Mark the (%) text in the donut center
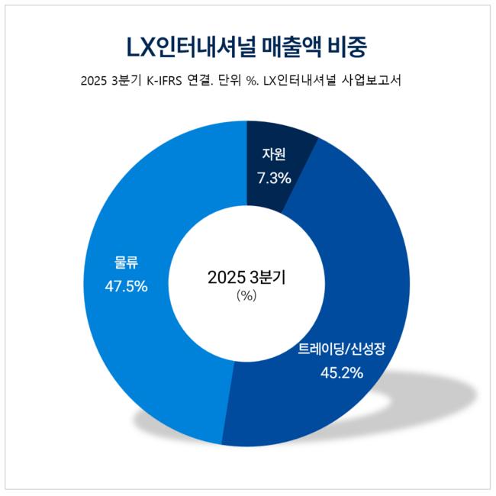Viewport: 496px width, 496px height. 246,296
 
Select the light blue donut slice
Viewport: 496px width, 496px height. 137,320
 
